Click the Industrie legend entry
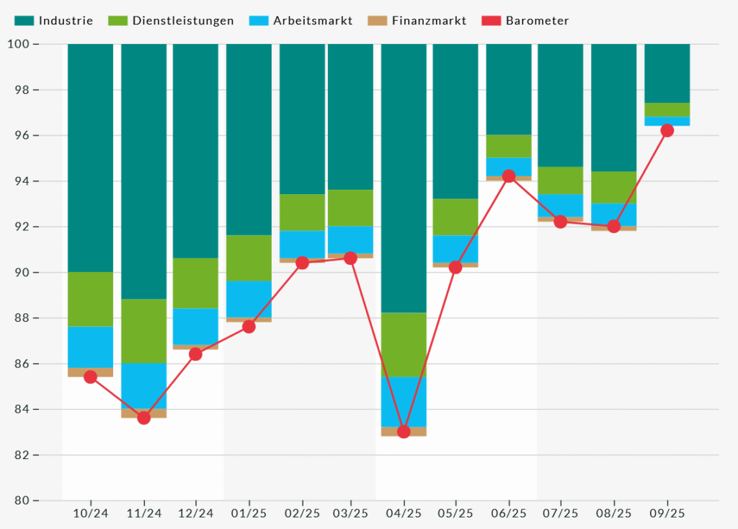54,21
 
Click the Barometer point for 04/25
404,432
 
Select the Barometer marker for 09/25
667,131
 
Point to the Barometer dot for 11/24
143,418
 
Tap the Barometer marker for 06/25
509,176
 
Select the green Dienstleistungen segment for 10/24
90,300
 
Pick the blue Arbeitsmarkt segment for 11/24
143,386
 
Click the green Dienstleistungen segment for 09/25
667,110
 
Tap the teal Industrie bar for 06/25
509,89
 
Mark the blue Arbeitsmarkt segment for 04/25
404,401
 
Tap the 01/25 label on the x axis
249,514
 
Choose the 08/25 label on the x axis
614,514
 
